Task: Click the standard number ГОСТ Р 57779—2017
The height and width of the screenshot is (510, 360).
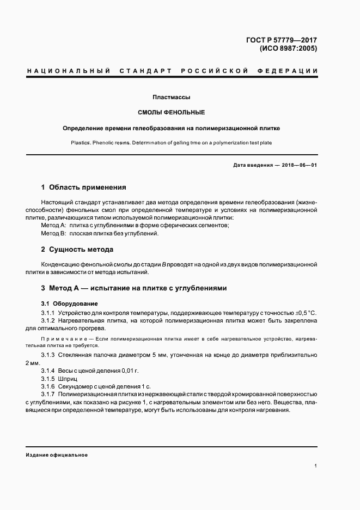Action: (282, 40)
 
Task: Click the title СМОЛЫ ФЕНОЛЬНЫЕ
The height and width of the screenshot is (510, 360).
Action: (171, 113)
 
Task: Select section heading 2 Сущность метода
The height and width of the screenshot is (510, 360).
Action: (77, 249)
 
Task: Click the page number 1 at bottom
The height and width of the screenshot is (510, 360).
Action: (316, 466)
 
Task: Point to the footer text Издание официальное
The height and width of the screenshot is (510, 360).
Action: (57, 454)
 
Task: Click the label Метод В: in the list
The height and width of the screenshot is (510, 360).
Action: (53, 233)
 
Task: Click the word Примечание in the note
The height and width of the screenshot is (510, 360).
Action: (63, 339)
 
